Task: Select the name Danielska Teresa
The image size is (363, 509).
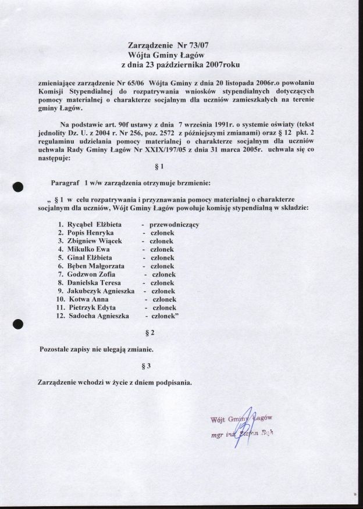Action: pos(94,282)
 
